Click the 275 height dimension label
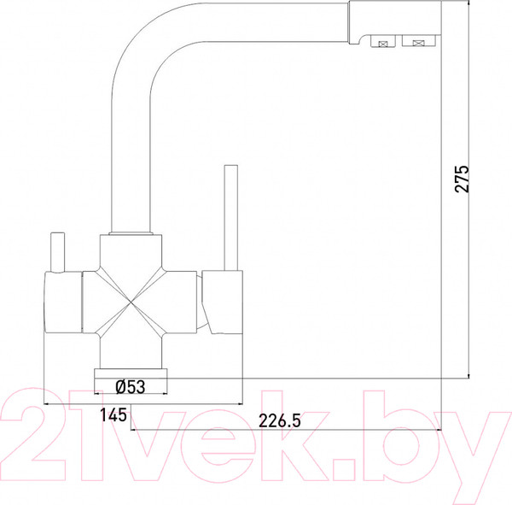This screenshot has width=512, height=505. [462, 179]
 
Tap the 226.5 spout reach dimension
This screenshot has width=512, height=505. [280, 420]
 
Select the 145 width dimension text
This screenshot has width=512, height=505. [113, 414]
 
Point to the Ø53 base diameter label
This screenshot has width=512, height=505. [131, 386]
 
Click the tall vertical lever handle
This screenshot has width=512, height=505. [231, 218]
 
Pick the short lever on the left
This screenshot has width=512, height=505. [58, 252]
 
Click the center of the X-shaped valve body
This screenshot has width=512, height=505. [131, 302]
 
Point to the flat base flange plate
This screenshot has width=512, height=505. [131, 373]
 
